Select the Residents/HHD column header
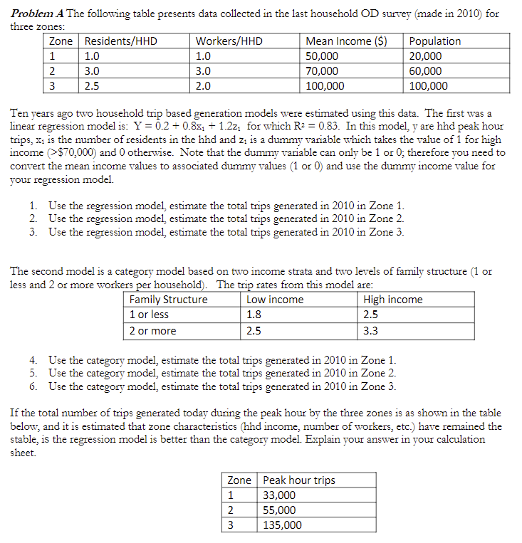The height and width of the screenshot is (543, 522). [x=120, y=41]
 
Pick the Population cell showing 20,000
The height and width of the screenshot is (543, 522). [x=426, y=56]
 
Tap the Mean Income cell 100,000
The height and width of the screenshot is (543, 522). [x=325, y=85]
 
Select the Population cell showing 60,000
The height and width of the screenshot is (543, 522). [x=426, y=71]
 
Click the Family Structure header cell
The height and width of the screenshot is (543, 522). [x=169, y=300]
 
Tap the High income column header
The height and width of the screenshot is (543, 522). [x=392, y=300]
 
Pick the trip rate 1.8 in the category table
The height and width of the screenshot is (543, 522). [x=254, y=315]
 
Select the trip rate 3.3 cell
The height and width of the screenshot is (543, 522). [x=371, y=331]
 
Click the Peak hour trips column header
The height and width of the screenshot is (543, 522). [x=299, y=480]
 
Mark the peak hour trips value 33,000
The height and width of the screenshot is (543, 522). [x=280, y=495]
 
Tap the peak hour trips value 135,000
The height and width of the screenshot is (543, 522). [x=283, y=525]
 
